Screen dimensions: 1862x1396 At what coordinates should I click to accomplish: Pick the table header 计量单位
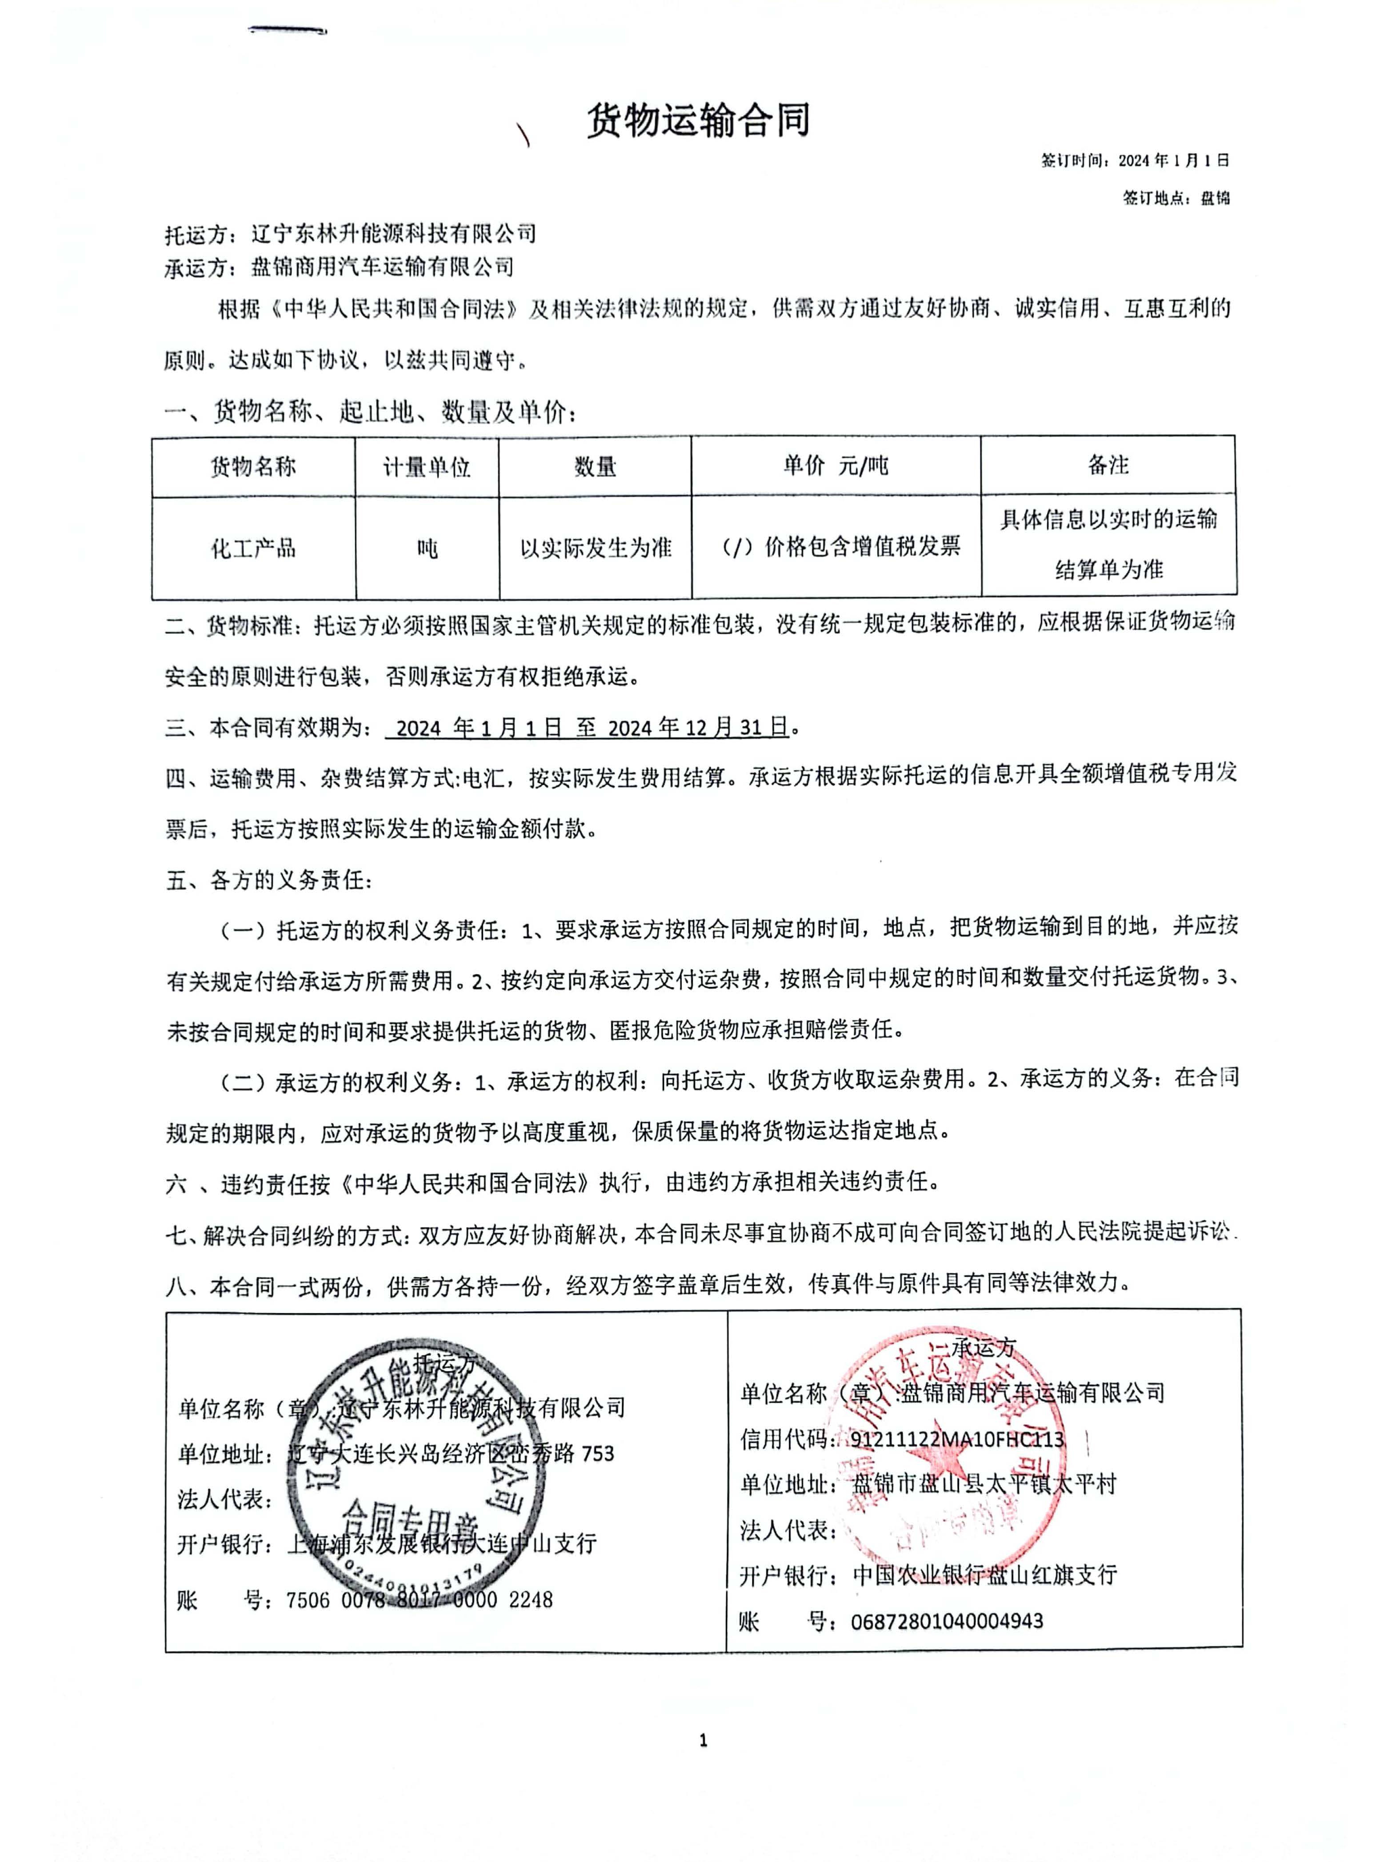[427, 466]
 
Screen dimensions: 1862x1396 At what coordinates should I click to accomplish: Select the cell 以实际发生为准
[595, 548]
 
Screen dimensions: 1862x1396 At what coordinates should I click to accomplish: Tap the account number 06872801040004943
[947, 1620]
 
